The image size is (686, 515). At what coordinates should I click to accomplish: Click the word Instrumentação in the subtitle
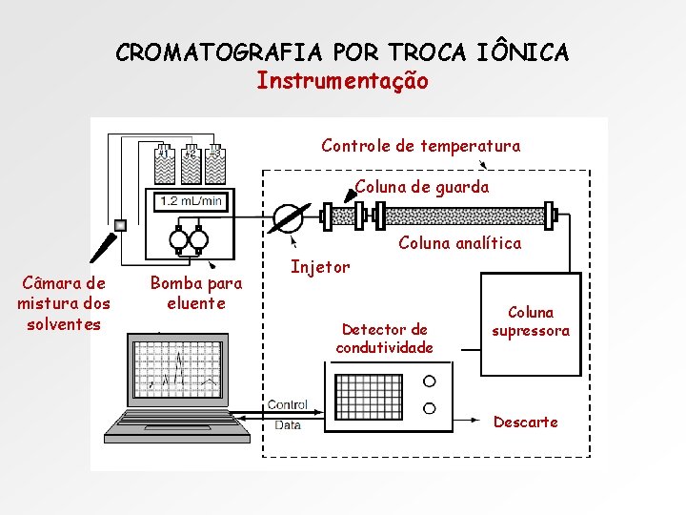pyautogui.click(x=342, y=81)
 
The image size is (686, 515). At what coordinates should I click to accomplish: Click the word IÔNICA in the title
pyautogui.click(x=523, y=51)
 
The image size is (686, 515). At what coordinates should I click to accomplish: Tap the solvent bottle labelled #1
pyautogui.click(x=164, y=164)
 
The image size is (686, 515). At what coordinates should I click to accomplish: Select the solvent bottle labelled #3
pyautogui.click(x=216, y=164)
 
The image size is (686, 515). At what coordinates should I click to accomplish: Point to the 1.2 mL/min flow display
pyautogui.click(x=191, y=200)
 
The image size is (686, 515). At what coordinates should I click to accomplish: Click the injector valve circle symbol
pyautogui.click(x=287, y=216)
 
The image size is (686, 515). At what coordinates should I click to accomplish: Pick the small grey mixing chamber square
pyautogui.click(x=120, y=225)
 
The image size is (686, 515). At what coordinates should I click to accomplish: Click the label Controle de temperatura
pyautogui.click(x=420, y=146)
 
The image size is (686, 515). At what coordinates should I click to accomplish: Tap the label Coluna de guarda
pyautogui.click(x=422, y=187)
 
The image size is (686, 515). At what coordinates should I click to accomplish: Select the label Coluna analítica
pyautogui.click(x=459, y=243)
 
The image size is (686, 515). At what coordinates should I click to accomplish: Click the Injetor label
pyautogui.click(x=320, y=267)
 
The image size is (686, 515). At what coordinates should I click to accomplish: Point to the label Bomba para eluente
pyautogui.click(x=196, y=294)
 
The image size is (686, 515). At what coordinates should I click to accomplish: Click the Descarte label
pyautogui.click(x=525, y=422)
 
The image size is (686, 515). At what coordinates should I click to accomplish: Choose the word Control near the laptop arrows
pyautogui.click(x=287, y=404)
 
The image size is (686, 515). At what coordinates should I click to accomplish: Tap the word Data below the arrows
pyautogui.click(x=287, y=425)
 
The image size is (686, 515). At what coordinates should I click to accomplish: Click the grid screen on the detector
pyautogui.click(x=368, y=395)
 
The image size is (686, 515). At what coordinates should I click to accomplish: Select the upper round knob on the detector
pyautogui.click(x=430, y=381)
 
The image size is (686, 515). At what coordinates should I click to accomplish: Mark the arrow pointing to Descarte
pyautogui.click(x=467, y=419)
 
